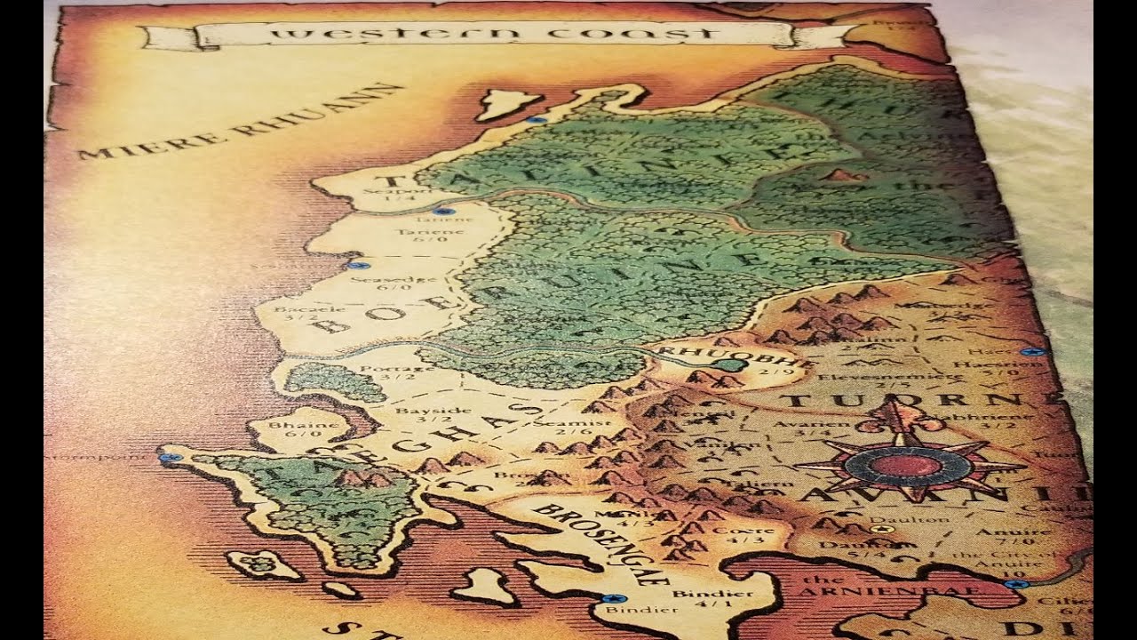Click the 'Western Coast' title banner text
tap(494, 35)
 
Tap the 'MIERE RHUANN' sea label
tap(240, 122)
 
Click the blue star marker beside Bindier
tap(609, 598)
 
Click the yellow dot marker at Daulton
tap(881, 530)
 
